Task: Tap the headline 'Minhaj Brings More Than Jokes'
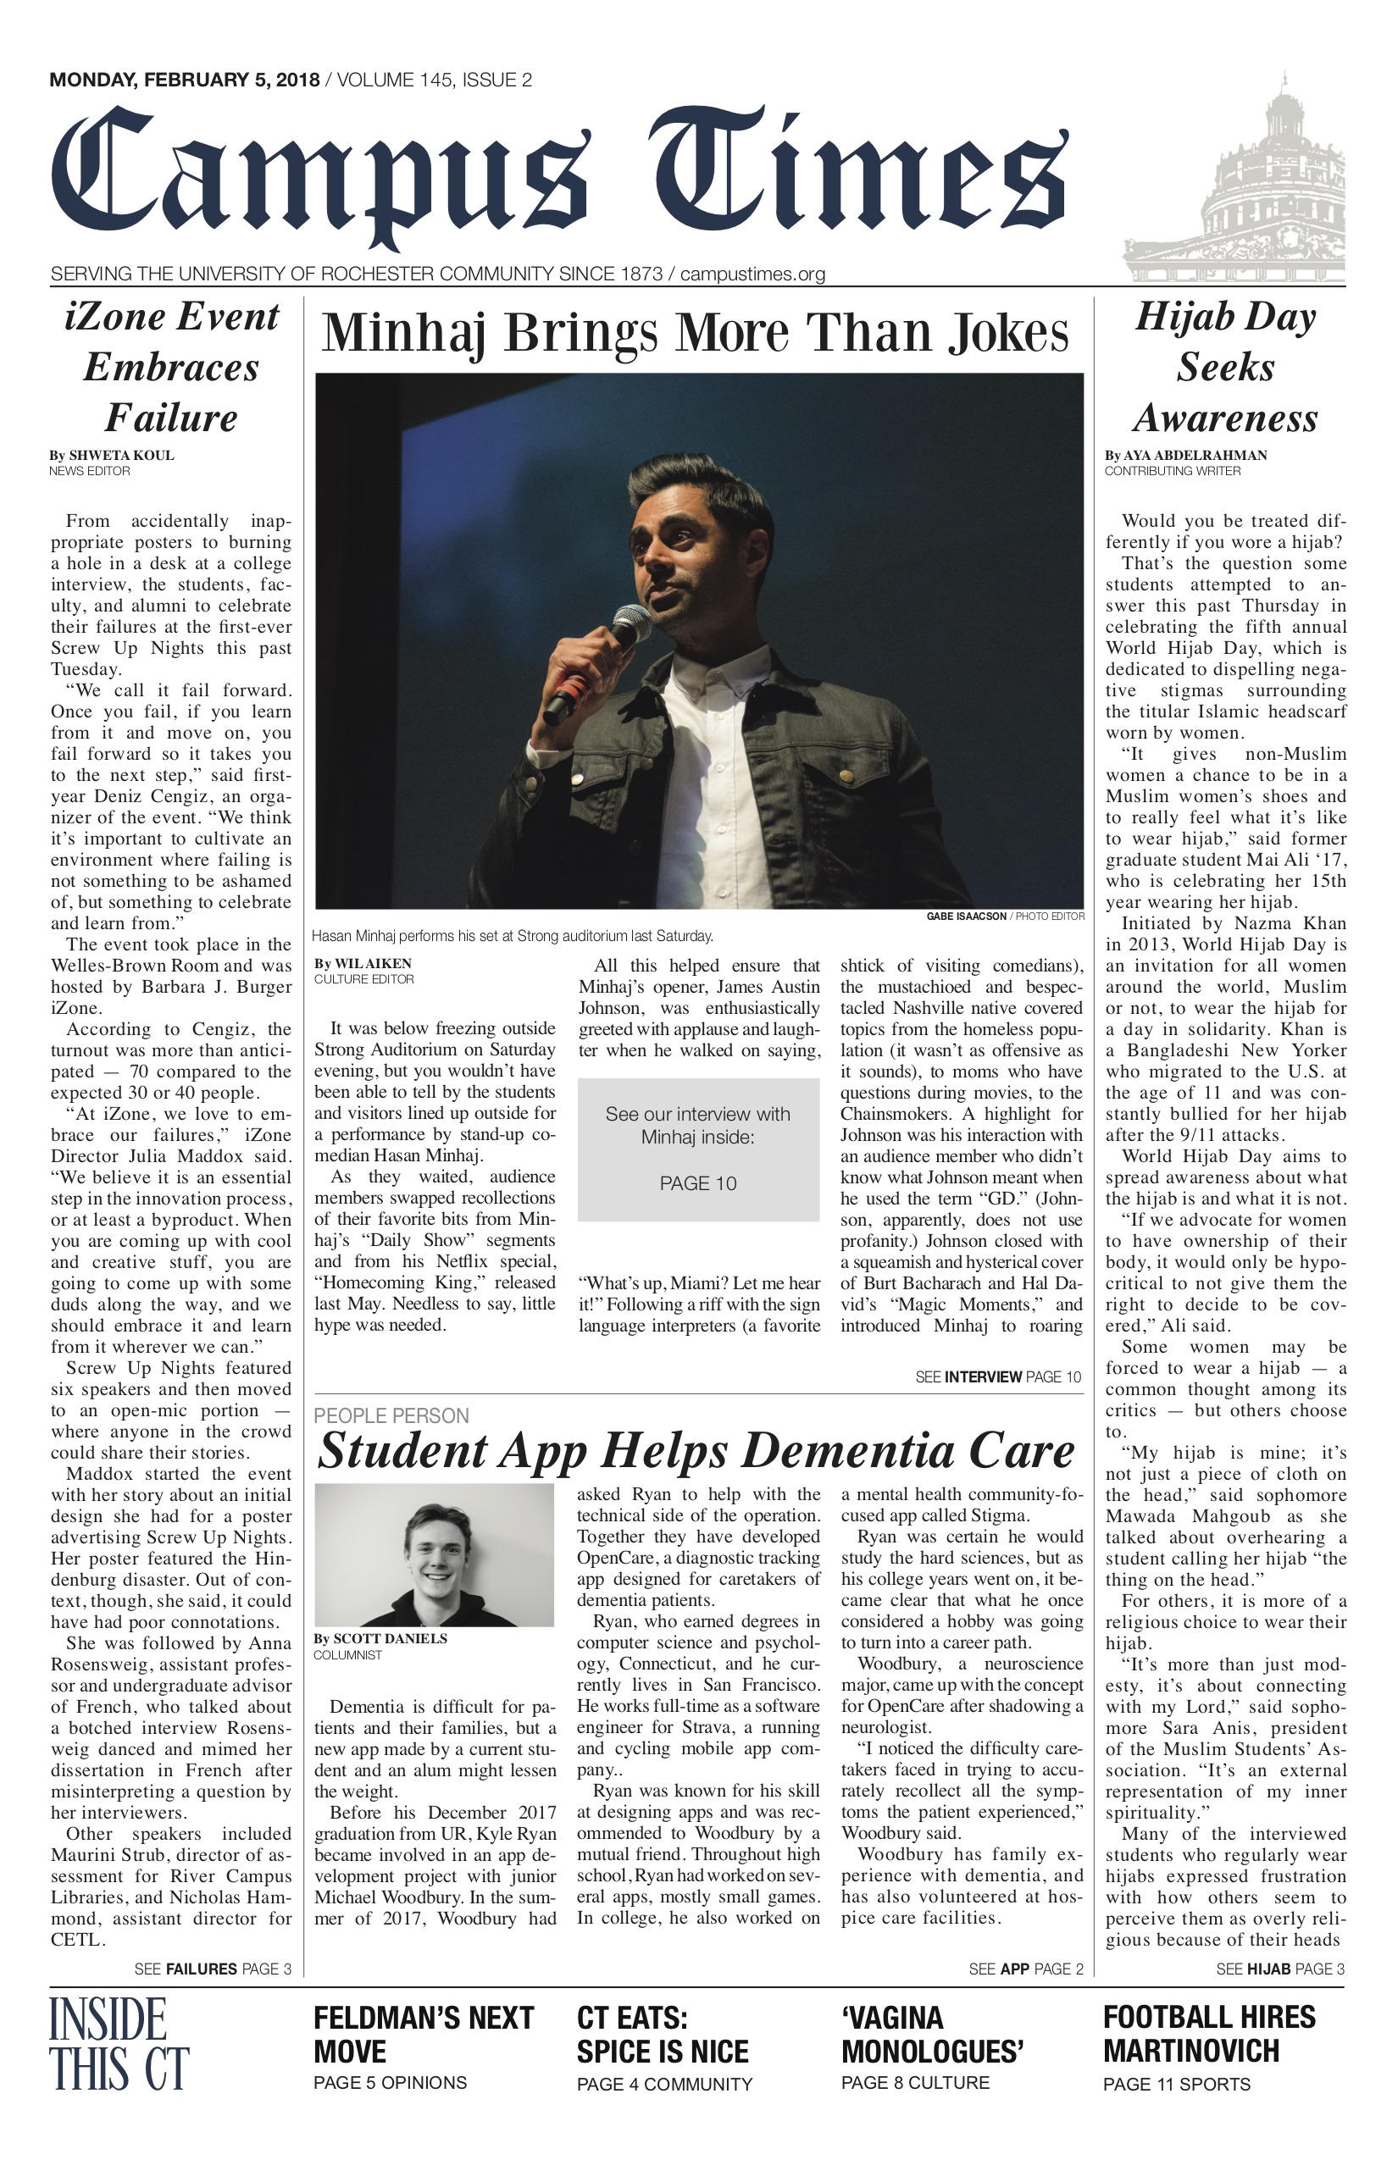tap(696, 333)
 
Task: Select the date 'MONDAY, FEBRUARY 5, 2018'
tap(185, 80)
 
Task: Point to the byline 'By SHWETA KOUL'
tap(112, 455)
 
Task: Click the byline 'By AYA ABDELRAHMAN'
tap(1185, 455)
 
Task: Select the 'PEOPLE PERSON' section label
tap(391, 1415)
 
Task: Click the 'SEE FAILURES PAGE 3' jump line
tap(213, 1969)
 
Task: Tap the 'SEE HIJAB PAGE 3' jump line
tap(1280, 1969)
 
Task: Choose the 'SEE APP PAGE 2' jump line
tap(1026, 1969)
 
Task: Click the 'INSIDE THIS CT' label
tap(119, 2043)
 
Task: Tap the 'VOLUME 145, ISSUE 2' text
tap(434, 80)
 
